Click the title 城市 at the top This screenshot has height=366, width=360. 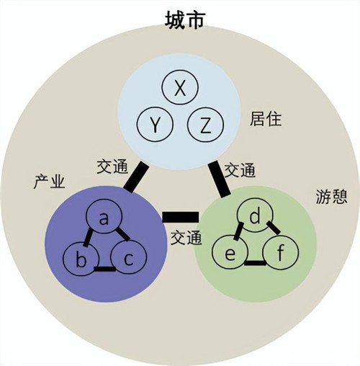[x=185, y=21]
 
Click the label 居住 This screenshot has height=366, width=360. [x=266, y=119]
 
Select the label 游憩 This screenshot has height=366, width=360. [x=332, y=196]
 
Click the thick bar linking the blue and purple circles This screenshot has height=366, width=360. [x=136, y=177]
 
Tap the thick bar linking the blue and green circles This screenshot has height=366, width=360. [x=219, y=179]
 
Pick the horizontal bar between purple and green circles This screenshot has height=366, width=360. [x=181, y=217]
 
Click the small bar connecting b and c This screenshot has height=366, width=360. [x=104, y=269]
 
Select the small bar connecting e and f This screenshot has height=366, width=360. [x=255, y=263]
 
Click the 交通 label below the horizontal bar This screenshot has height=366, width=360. [x=186, y=238]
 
